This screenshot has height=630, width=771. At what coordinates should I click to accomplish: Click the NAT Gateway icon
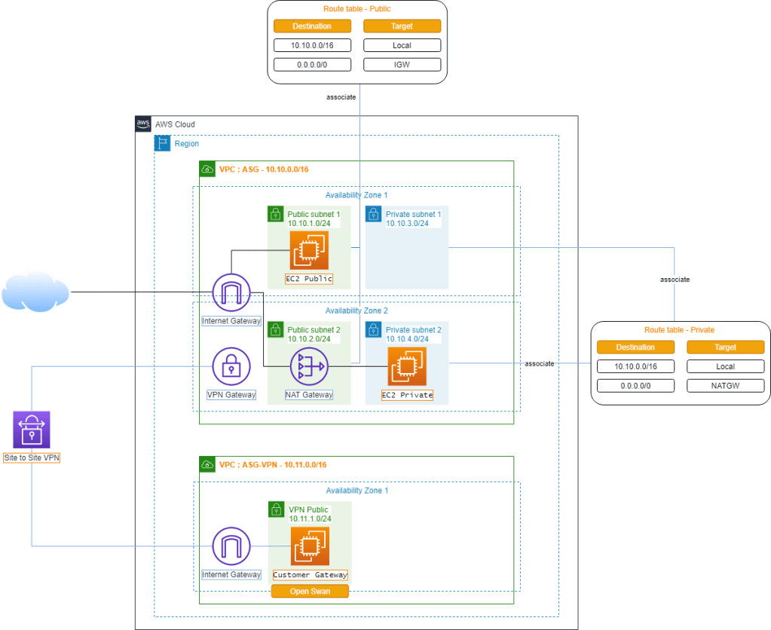click(309, 367)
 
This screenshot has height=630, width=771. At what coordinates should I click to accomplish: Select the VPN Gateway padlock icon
click(231, 367)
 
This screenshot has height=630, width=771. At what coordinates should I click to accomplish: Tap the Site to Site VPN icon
click(32, 430)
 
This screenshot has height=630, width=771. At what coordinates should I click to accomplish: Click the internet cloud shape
click(35, 292)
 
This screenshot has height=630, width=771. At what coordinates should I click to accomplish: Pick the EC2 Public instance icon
click(309, 250)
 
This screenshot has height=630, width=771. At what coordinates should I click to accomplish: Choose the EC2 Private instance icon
click(406, 367)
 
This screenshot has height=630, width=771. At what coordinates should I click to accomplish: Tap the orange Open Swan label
click(310, 592)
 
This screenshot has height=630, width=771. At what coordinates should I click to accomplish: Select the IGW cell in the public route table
click(402, 65)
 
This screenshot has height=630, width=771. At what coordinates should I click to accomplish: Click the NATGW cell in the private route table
click(725, 386)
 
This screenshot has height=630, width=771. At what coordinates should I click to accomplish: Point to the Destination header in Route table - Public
click(311, 26)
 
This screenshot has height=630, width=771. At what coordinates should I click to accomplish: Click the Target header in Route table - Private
click(725, 347)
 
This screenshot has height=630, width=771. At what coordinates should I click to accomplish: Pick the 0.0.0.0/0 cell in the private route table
click(635, 386)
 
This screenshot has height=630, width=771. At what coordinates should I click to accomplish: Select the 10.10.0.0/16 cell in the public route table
click(311, 45)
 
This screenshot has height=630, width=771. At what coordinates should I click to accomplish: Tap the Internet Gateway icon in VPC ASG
click(231, 292)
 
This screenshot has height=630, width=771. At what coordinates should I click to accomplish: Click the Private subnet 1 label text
click(413, 215)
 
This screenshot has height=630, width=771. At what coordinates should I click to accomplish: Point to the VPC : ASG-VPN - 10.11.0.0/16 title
click(273, 465)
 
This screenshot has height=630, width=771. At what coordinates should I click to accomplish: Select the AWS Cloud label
click(175, 124)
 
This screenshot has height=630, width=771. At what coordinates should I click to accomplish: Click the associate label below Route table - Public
click(341, 97)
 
